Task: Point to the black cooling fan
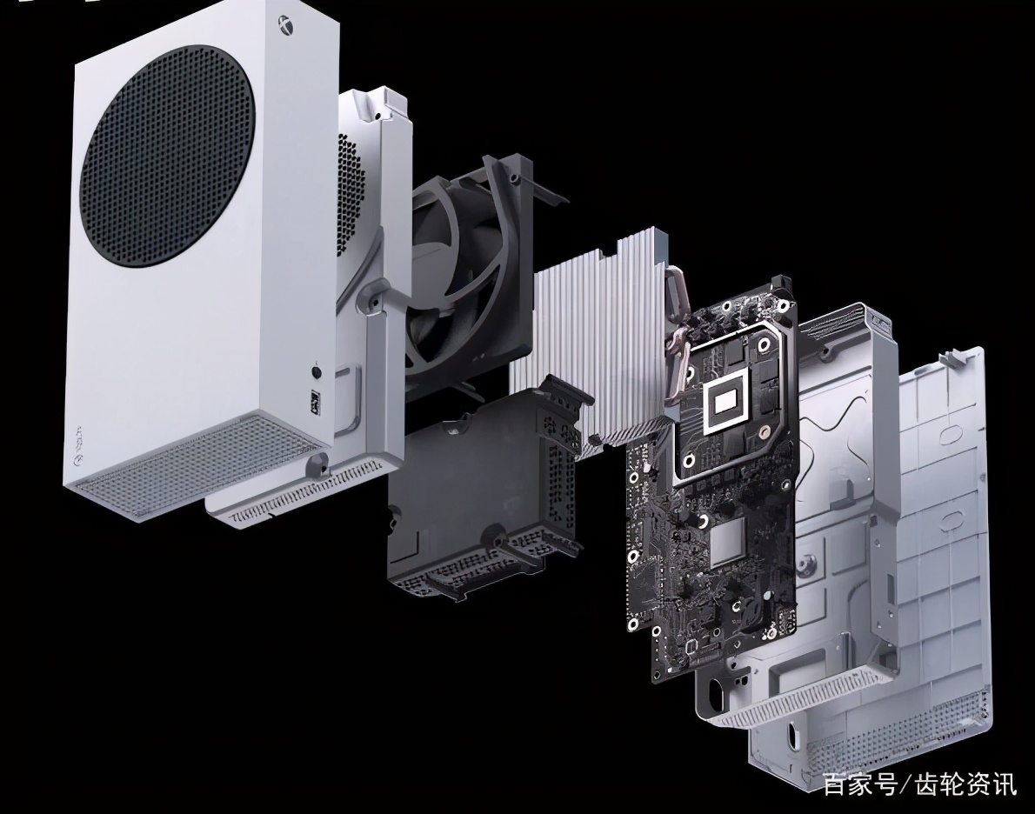coord(462,277)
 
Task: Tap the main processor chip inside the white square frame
coord(725,401)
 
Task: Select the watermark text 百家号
coord(859,785)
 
